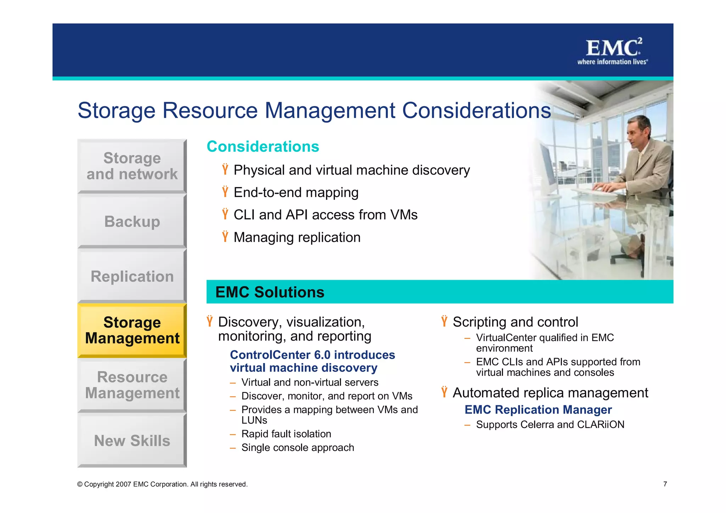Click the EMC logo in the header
(613, 51)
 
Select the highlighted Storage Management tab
(132, 330)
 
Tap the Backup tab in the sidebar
(132, 222)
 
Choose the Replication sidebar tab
(132, 276)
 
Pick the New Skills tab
(132, 440)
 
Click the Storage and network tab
(132, 166)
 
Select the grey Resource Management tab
(132, 385)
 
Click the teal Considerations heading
(263, 146)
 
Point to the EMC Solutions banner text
(270, 292)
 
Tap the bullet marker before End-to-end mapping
(225, 192)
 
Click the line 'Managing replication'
(297, 237)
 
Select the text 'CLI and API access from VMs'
(325, 215)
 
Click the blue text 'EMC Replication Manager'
(538, 409)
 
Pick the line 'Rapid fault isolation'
(286, 434)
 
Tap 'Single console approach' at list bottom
(297, 447)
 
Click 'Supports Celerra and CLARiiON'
(550, 424)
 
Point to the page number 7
(665, 484)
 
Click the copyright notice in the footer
(162, 484)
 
